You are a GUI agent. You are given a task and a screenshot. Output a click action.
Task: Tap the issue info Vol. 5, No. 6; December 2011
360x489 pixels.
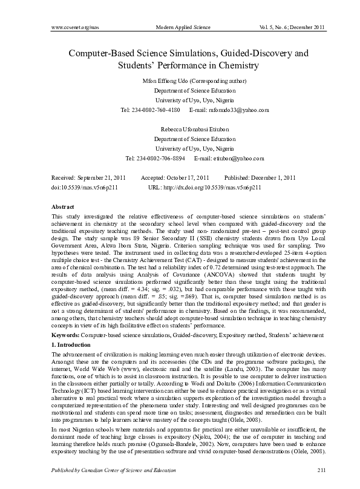[284, 28]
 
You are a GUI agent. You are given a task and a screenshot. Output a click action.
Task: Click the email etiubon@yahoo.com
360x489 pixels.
[229, 159]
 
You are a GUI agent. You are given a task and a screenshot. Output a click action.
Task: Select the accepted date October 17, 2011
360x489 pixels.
[186, 178]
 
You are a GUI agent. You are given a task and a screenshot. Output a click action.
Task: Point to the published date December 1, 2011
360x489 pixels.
[272, 178]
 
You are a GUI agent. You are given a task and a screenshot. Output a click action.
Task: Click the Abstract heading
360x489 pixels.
[63, 207]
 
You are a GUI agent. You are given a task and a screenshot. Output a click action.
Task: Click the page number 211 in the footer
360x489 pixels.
[304, 470]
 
